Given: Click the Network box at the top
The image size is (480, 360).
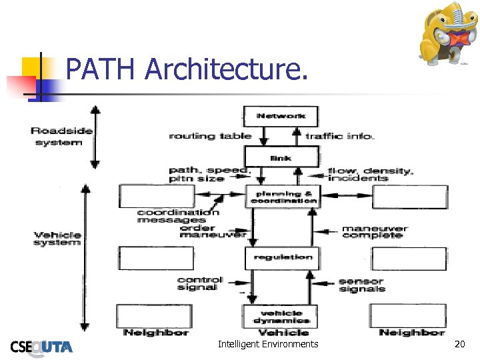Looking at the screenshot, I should [x=281, y=115].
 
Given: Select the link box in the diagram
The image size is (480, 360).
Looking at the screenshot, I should [x=281, y=157].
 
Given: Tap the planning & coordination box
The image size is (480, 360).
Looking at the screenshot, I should [x=283, y=196].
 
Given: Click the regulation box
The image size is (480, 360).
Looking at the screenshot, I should [x=282, y=257].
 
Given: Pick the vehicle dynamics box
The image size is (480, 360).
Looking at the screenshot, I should [x=281, y=316].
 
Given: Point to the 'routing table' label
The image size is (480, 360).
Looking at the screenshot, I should [x=210, y=136].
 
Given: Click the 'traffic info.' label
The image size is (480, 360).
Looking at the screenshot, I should [x=340, y=136].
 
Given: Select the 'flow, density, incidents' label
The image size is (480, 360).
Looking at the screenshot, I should [x=371, y=175].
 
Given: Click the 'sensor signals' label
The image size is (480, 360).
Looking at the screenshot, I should [x=361, y=285].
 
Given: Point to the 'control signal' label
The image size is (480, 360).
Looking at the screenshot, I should [x=200, y=283].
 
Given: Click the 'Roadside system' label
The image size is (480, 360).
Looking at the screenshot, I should [x=61, y=137].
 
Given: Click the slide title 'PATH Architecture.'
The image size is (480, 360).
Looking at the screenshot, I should [x=187, y=69].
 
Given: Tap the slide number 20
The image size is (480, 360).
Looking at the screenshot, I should [x=459, y=344].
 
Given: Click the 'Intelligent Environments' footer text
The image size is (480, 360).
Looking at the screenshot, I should [x=268, y=344].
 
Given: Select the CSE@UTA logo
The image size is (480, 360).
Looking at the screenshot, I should [x=41, y=345].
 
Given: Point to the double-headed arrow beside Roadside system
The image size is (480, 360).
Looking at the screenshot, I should [x=95, y=136].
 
